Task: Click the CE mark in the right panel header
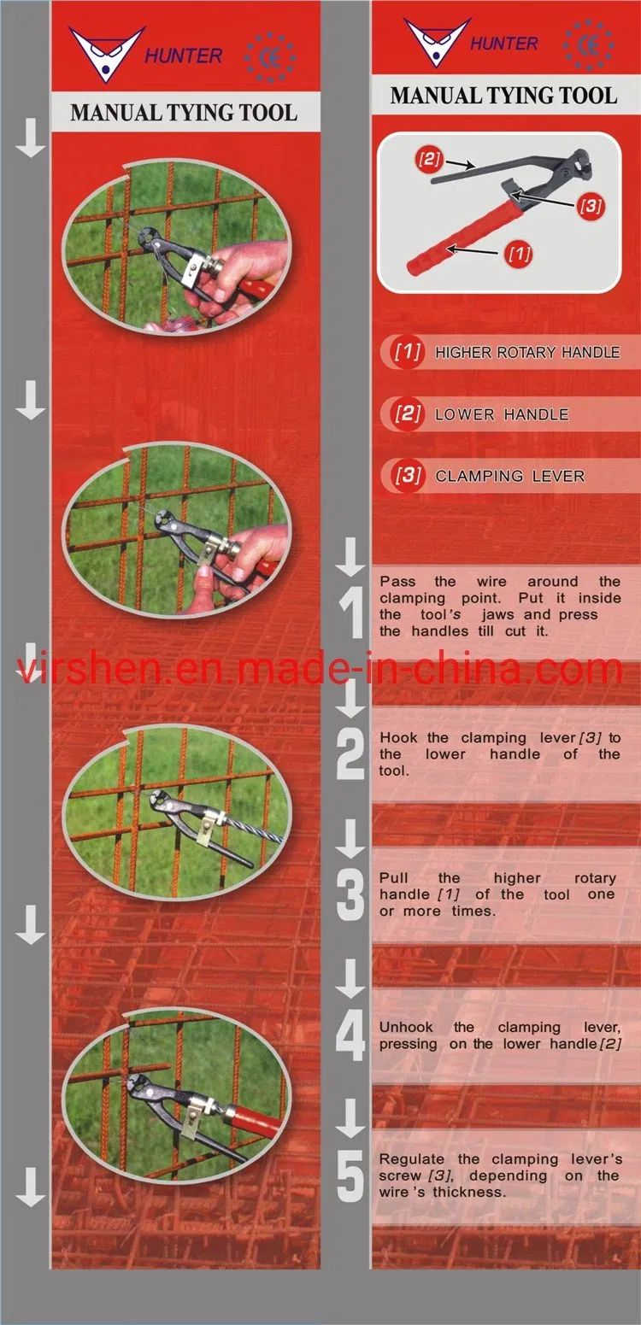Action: pos(588,45)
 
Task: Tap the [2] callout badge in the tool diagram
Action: pos(429,159)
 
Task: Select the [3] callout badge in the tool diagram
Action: pos(591,206)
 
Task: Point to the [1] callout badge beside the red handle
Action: pos(519,254)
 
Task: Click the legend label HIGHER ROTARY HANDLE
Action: pos(527,353)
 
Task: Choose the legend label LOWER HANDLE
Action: pos(502,414)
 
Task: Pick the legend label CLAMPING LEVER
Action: pos(509,476)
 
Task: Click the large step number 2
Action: pos(350,753)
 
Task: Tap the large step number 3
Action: pos(350,896)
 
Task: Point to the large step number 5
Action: pos(350,1176)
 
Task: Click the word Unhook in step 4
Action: pos(406,1028)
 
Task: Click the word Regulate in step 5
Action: pos(411,1159)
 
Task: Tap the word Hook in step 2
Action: pos(398,737)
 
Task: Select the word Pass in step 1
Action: pos(397,582)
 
